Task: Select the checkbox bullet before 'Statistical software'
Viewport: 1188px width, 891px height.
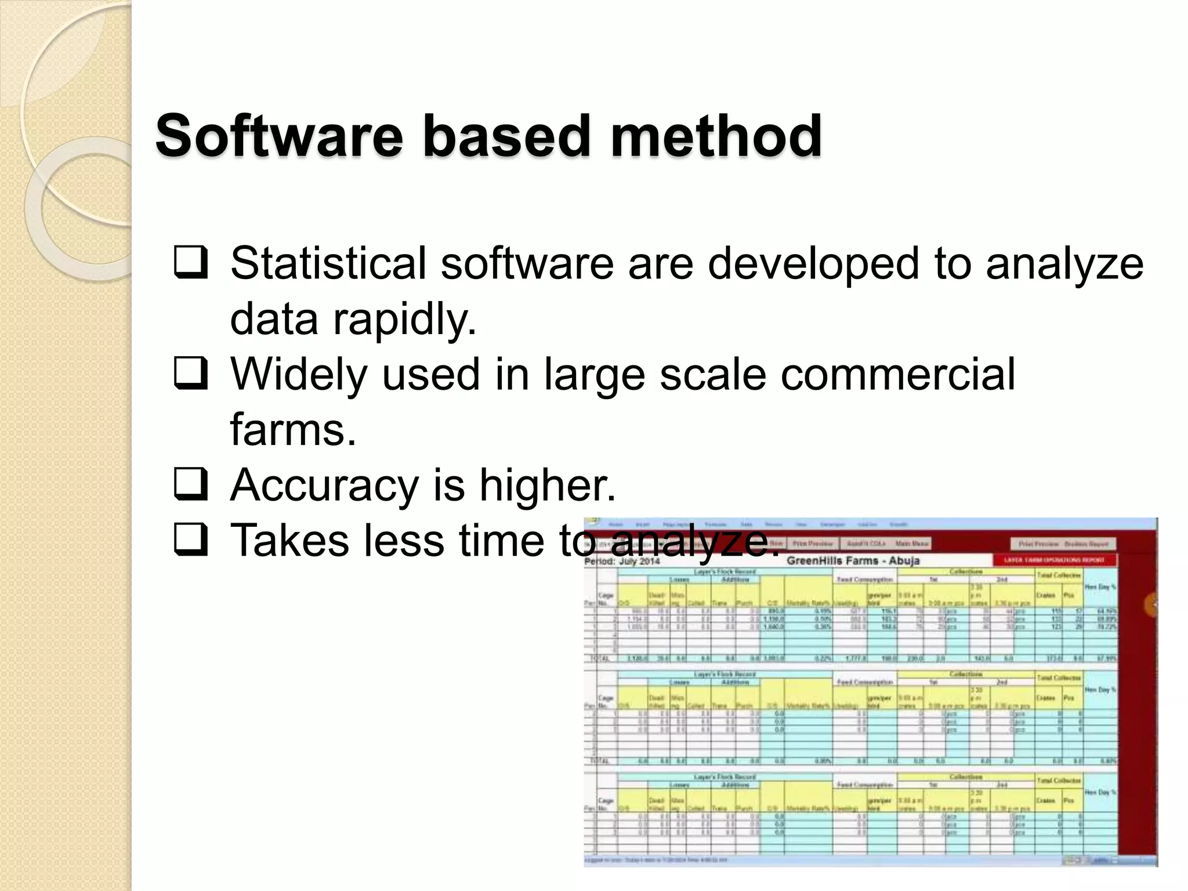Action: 190,263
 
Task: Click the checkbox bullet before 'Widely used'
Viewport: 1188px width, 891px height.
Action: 190,374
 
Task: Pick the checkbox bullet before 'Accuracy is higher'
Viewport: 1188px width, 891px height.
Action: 190,485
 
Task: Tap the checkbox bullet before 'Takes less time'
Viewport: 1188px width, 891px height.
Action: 190,540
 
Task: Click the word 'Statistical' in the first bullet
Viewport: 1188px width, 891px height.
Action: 328,263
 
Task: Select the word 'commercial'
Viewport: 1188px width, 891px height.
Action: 897,374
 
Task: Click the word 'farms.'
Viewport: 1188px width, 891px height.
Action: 293,429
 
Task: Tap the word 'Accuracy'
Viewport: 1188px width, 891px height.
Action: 324,485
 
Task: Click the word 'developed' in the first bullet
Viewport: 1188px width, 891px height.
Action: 813,263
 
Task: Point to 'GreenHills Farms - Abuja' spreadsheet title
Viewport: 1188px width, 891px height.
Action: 853,561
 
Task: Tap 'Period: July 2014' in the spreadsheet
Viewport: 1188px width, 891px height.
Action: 622,561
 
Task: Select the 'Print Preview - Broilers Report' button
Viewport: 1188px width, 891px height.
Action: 1063,544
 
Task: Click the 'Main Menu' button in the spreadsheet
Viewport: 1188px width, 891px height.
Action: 912,544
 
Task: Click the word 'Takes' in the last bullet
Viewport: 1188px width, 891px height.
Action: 290,540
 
